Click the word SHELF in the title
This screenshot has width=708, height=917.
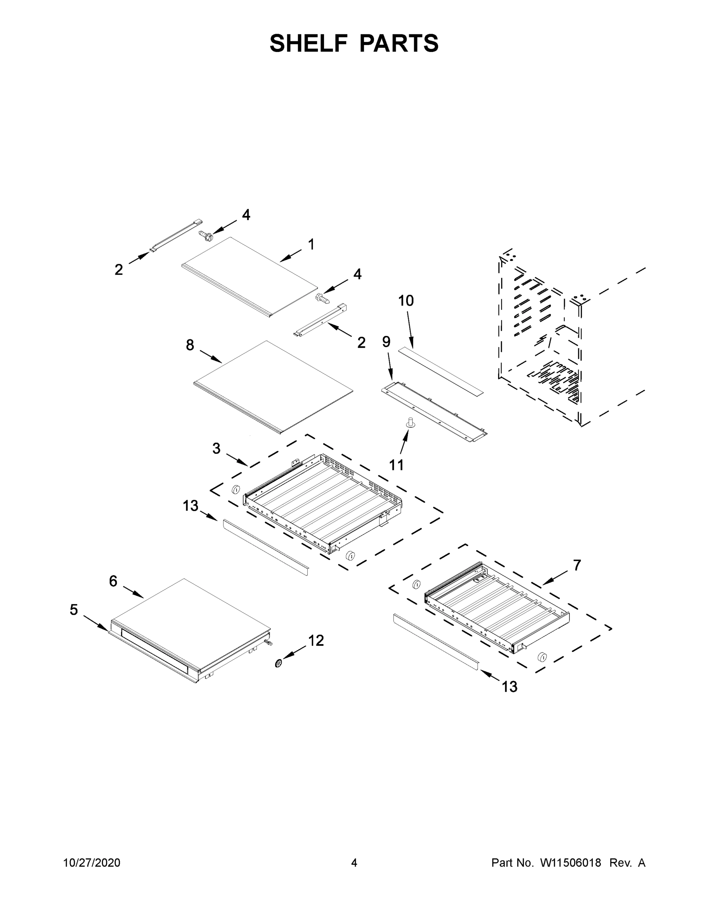[x=309, y=43]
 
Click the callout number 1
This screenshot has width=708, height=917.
[x=311, y=245]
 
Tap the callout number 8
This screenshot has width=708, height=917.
[x=190, y=345]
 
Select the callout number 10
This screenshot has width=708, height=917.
[x=406, y=301]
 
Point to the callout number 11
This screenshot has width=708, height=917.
[x=396, y=465]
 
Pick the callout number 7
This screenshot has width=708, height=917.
[x=577, y=565]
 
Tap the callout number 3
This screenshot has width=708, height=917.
[x=216, y=449]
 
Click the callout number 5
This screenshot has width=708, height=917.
[x=74, y=610]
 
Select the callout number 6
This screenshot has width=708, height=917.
[x=113, y=581]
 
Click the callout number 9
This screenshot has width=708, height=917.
[x=386, y=342]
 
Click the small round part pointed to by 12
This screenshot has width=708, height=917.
[x=278, y=663]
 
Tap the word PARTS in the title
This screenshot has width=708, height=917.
[x=399, y=43]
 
